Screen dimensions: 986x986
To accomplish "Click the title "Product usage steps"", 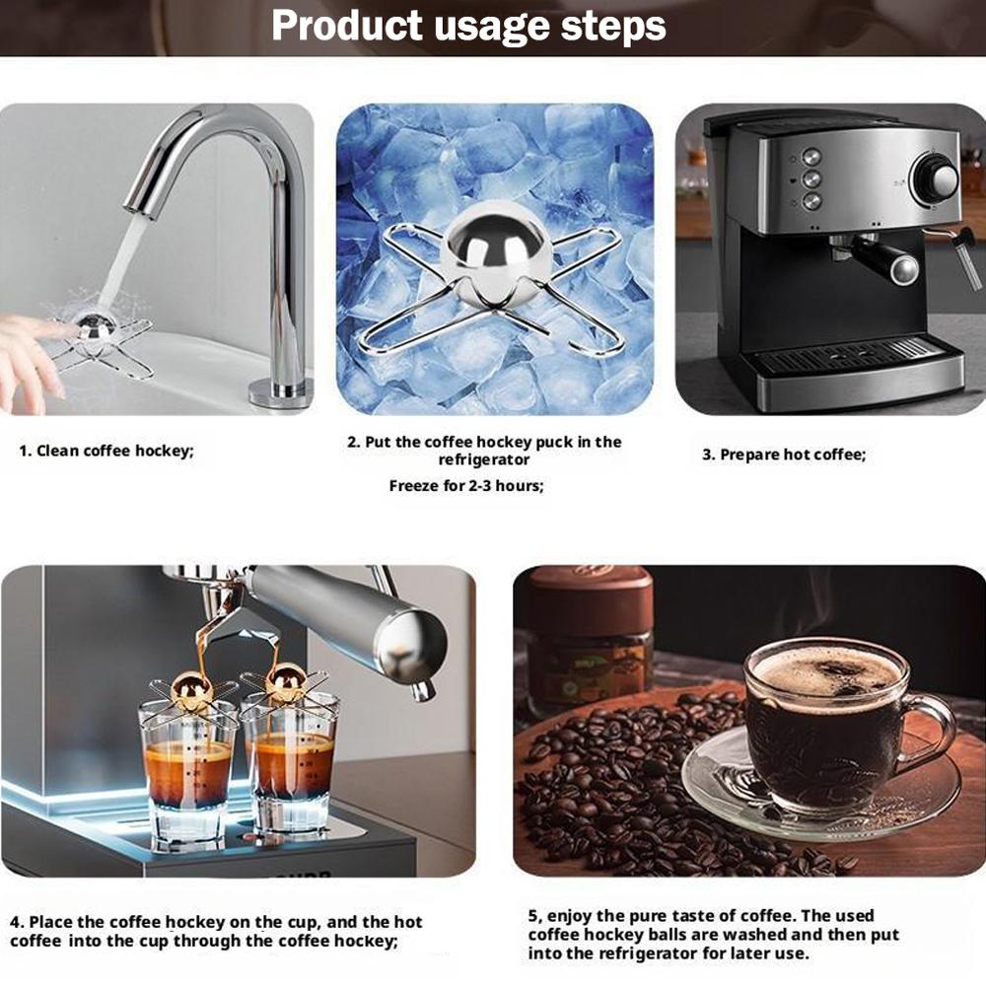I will point(468,26).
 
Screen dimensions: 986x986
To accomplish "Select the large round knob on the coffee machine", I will point(935,178).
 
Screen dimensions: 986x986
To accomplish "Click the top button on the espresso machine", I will point(811,157).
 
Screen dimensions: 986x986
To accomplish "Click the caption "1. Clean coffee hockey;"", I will point(107,451).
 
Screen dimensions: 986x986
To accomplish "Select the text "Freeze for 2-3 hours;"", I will point(466,485).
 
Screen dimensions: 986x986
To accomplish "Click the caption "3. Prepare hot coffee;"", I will point(783,455).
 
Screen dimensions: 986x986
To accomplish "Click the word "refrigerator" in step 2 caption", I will point(484,459).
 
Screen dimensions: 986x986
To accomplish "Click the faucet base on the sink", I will point(280,392).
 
